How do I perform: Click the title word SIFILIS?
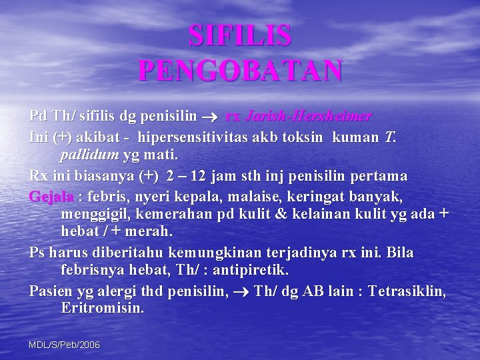click(x=240, y=36)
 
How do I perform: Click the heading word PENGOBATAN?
click(x=240, y=70)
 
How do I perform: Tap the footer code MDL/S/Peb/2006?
click(x=65, y=345)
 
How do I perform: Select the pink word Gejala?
click(x=51, y=197)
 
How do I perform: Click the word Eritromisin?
click(x=101, y=309)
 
